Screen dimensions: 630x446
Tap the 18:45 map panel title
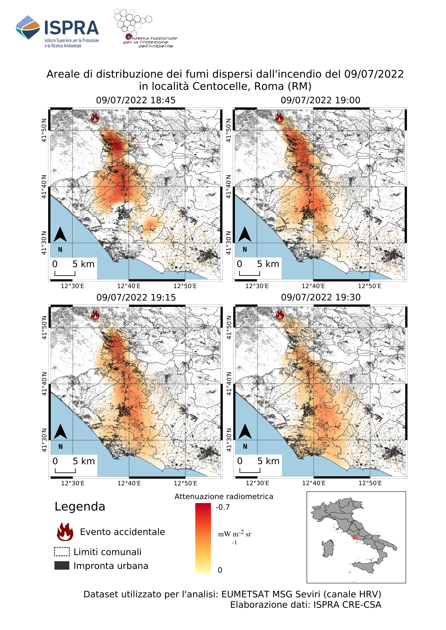[x=136, y=100]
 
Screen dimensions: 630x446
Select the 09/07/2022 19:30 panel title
[x=320, y=297]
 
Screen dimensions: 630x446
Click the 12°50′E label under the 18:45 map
[x=185, y=286]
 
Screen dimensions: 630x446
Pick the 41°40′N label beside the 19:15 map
[x=44, y=384]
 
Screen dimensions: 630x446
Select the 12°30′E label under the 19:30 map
[x=257, y=483]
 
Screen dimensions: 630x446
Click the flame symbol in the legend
[x=65, y=532]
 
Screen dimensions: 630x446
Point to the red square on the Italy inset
[x=354, y=537]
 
